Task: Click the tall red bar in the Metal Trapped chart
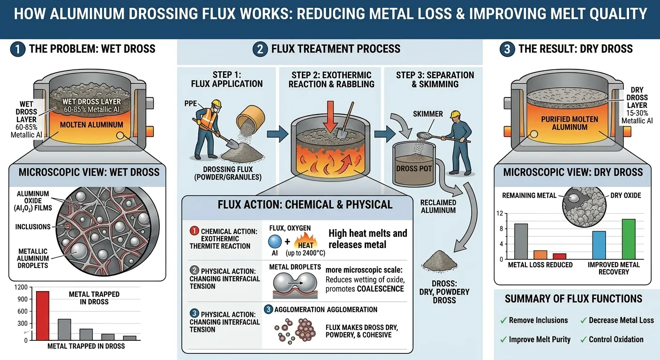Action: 43,315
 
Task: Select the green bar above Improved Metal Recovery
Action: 628,239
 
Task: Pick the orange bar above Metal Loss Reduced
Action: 540,255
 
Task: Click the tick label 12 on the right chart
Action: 500,214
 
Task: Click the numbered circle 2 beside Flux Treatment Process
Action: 260,49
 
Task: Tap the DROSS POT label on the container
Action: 413,168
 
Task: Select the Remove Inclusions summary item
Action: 538,320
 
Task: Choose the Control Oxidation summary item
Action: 616,339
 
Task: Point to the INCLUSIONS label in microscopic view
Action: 32,226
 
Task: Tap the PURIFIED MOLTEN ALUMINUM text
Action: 569,123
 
